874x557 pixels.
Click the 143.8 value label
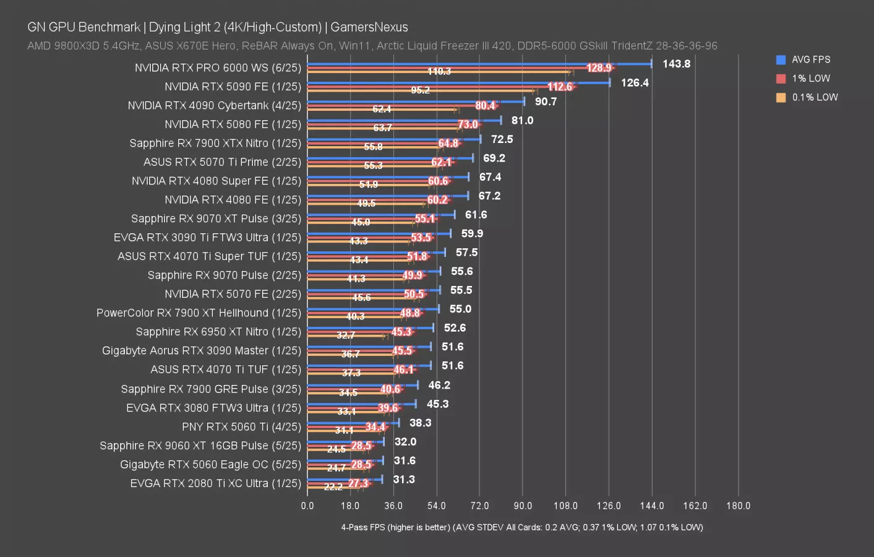676,64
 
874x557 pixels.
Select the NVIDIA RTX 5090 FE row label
233,87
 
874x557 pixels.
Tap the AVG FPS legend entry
810,59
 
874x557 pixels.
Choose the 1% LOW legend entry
810,79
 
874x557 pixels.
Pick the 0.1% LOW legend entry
814,97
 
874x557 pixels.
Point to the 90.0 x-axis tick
523,506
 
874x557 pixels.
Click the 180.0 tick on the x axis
738,506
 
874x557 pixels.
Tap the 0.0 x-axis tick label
307,506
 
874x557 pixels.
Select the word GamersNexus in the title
369,27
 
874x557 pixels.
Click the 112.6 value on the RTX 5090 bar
560,87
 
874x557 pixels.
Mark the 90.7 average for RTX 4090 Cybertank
546,101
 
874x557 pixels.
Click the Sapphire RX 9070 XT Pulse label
216,218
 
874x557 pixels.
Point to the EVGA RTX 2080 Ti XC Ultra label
215,483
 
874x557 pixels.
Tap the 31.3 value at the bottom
404,480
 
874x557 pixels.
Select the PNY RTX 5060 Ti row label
241,427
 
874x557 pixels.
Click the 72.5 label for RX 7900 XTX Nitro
502,139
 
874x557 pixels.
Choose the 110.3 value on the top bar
439,72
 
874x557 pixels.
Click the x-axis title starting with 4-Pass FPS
522,527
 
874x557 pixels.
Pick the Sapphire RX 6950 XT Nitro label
218,332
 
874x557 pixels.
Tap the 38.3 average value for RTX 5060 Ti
420,423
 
